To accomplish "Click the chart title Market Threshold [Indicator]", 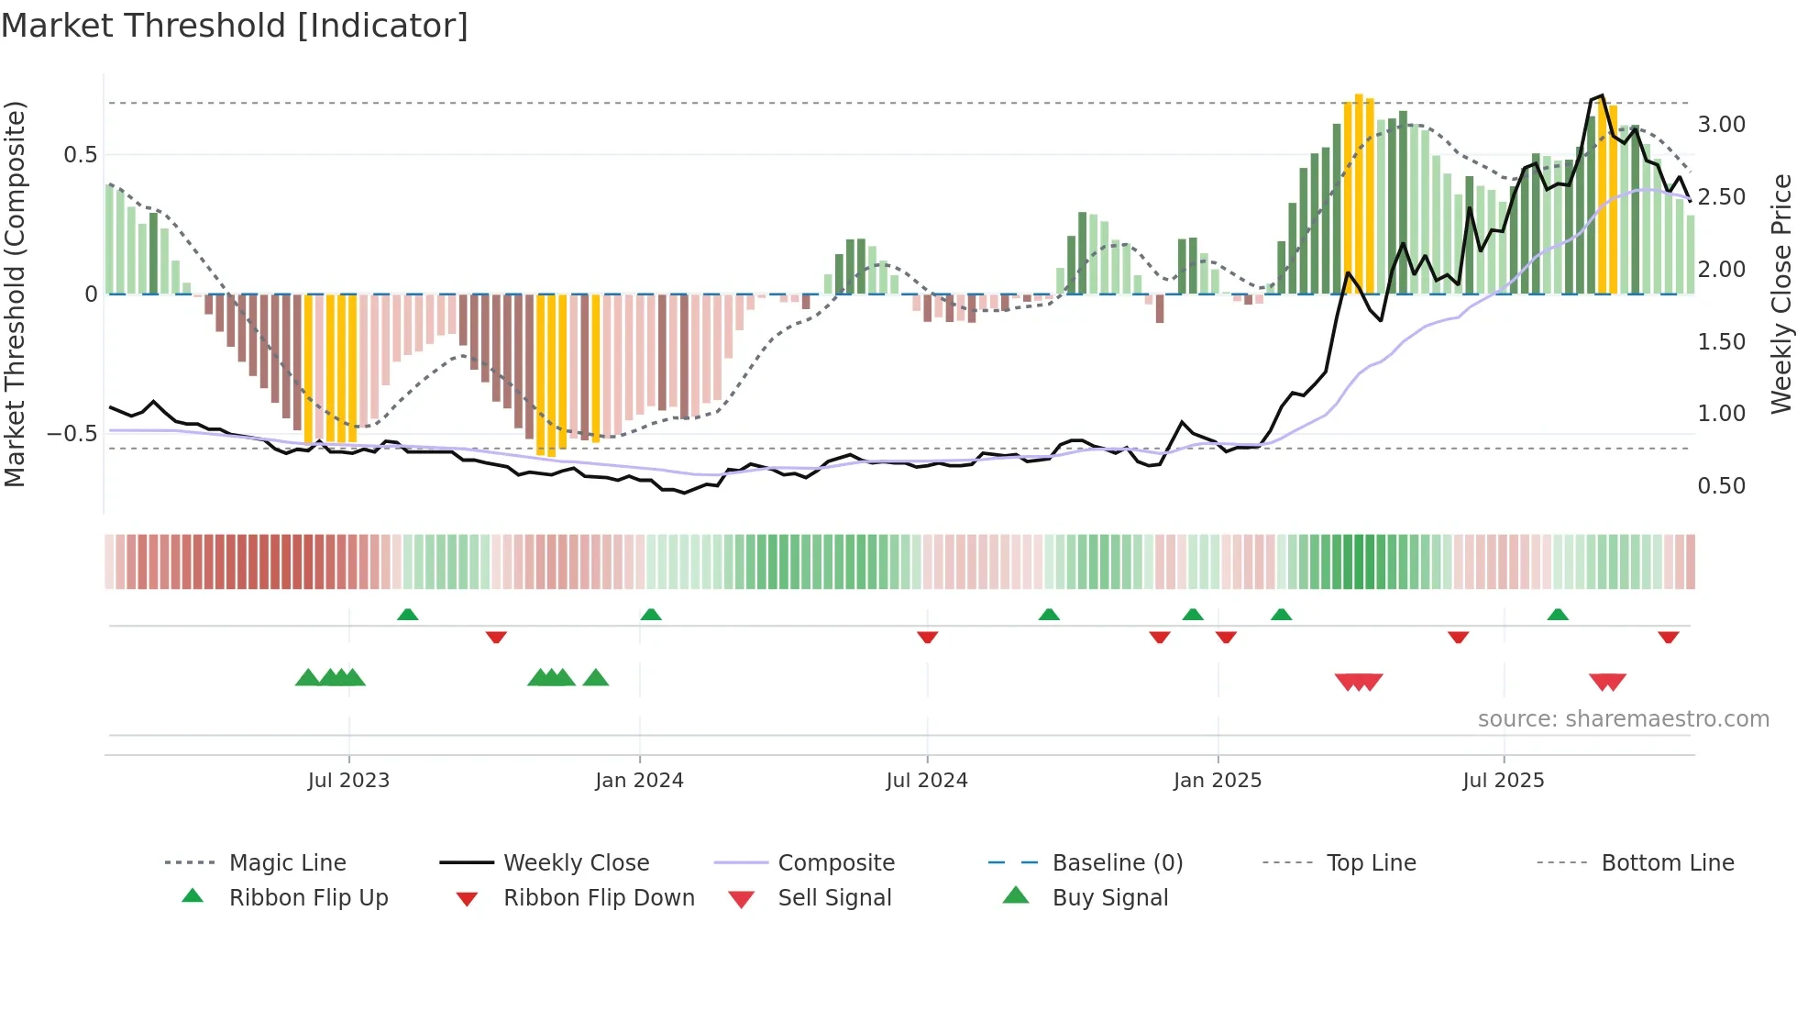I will click(235, 26).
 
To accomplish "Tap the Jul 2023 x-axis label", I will click(348, 781).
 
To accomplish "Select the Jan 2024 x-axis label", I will click(639, 781).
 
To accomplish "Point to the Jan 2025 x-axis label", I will click(1218, 781).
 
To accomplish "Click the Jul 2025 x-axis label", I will click(1504, 781).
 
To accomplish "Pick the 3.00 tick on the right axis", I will click(1721, 125).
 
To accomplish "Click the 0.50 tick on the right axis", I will click(1721, 486).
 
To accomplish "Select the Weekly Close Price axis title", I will click(1780, 294).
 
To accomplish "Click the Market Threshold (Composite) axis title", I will click(15, 294).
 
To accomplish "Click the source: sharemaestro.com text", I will click(1623, 719).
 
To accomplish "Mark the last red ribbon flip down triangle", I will click(1668, 637).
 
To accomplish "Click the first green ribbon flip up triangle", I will click(408, 615).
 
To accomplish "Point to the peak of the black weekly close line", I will click(1601, 95).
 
